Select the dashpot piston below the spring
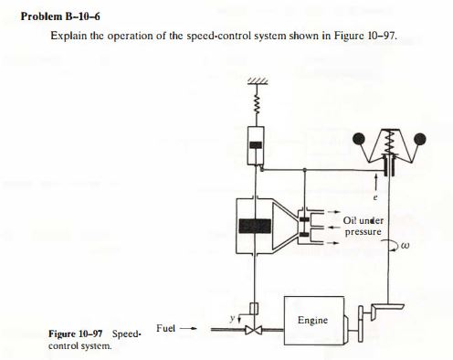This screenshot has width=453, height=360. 257,143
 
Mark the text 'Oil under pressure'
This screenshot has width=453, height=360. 363,226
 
